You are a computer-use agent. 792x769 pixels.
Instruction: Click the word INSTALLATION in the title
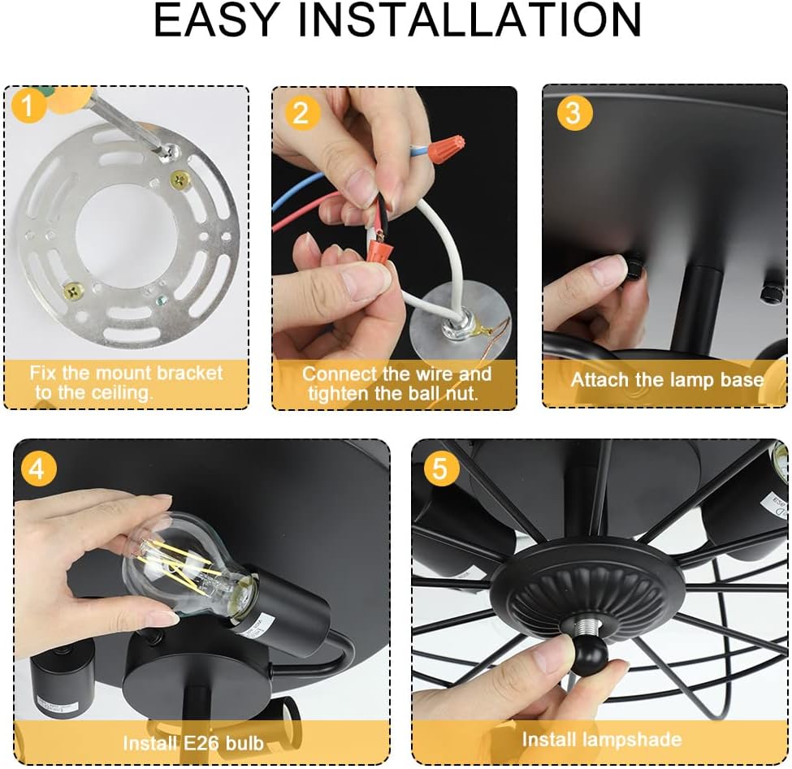pyautogui.click(x=471, y=20)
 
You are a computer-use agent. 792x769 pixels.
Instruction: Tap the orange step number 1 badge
pyautogui.click(x=28, y=105)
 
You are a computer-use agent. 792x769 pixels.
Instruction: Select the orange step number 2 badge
pyautogui.click(x=301, y=112)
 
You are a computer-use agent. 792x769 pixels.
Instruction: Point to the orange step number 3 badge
pyautogui.click(x=573, y=112)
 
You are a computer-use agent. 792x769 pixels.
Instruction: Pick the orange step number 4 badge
pyautogui.click(x=38, y=469)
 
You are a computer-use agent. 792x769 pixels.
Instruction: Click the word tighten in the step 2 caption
pyautogui.click(x=339, y=394)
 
